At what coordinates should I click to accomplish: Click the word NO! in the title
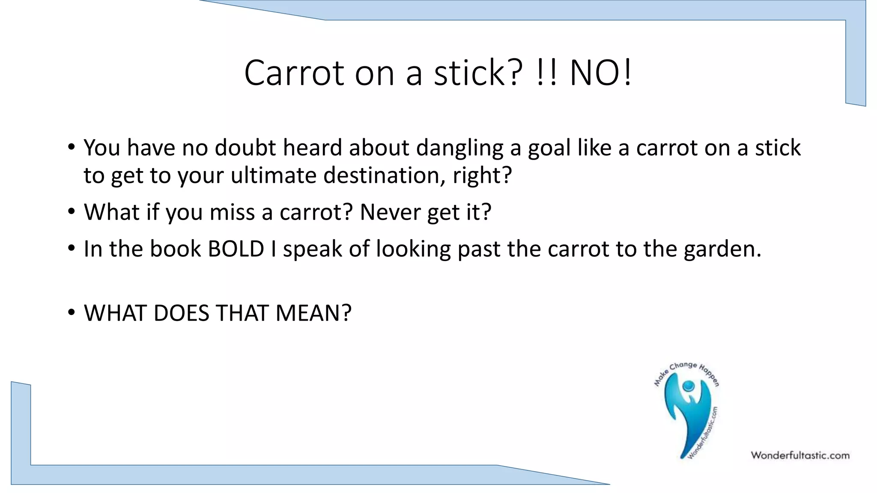pos(600,73)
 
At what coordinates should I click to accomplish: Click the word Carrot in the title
pos(294,73)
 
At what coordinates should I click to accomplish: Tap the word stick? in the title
pos(478,73)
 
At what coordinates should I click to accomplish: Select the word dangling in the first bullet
pos(459,148)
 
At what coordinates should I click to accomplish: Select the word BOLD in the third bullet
pos(236,249)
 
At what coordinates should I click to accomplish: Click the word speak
pos(312,249)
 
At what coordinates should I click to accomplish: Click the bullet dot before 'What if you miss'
pos(71,211)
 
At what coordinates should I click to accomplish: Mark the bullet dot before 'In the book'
pos(71,248)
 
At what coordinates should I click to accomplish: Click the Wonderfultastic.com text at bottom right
pos(800,455)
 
